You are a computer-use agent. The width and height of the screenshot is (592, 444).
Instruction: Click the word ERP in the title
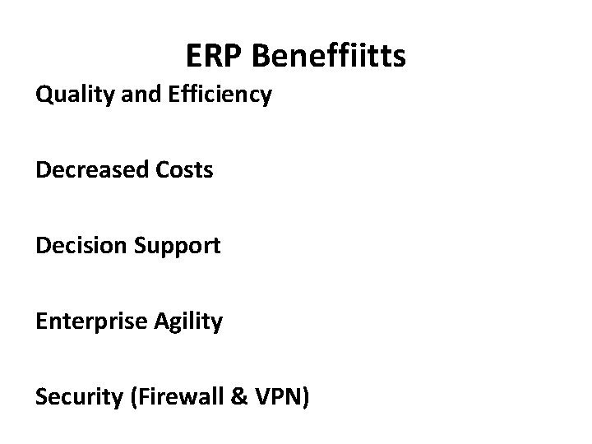tap(215, 56)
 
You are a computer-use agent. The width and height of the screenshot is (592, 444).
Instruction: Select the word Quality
tap(72, 95)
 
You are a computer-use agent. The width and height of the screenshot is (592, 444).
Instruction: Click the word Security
tap(74, 397)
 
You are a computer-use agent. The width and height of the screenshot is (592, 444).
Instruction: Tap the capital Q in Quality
tap(44, 95)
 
